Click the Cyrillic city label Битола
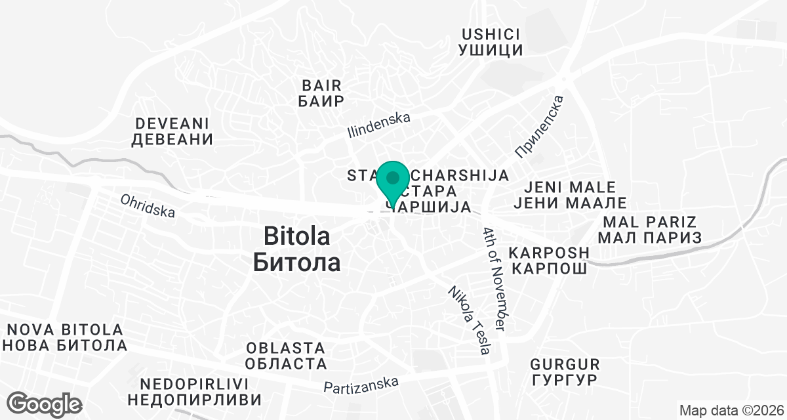pyautogui.click(x=296, y=262)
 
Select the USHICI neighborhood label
pyautogui.click(x=492, y=33)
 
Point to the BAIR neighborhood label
pyautogui.click(x=321, y=85)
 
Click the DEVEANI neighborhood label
pyautogui.click(x=172, y=123)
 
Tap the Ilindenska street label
pyautogui.click(x=378, y=125)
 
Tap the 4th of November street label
pyautogui.click(x=496, y=278)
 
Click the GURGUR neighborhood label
pyautogui.click(x=565, y=364)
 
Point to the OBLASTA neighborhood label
pyautogui.click(x=286, y=348)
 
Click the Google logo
pyautogui.click(x=45, y=404)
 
